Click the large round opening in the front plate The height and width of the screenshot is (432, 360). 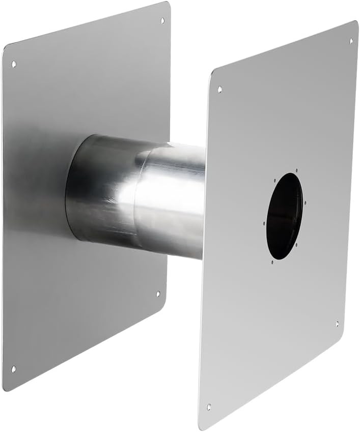284,216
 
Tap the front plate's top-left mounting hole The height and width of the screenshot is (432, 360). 220,89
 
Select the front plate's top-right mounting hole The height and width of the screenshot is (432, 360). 350,41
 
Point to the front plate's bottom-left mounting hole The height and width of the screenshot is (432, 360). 209,407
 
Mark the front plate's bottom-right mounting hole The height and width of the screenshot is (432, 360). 337,324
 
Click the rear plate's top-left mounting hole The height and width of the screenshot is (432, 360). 14,64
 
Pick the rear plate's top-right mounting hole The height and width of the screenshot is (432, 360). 162,21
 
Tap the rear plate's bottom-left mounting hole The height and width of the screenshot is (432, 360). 14,369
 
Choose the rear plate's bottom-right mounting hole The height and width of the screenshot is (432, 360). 157,294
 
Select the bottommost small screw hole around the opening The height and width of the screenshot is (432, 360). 272,262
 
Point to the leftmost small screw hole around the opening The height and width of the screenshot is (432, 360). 264,223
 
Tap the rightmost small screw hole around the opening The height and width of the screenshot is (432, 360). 305,203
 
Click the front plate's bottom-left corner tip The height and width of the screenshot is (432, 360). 199,428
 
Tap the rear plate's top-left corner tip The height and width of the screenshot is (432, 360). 4,47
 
